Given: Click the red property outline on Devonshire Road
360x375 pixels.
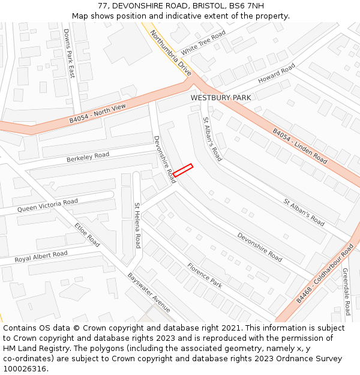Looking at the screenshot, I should (x=183, y=170).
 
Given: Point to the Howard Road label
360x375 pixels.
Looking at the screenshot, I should (x=277, y=74).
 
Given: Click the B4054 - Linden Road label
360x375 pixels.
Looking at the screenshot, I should (x=300, y=146).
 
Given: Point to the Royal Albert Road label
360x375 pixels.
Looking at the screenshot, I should (x=41, y=257).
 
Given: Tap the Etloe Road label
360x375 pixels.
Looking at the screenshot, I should (x=88, y=235).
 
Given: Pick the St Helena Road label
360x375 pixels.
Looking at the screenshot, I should (x=137, y=226).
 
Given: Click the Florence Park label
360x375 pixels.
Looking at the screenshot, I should (x=205, y=275).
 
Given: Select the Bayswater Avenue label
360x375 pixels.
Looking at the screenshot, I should (x=149, y=292).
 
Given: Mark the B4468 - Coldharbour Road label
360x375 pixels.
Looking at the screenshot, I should (x=325, y=273).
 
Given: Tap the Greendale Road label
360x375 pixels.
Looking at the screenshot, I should (x=346, y=292).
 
